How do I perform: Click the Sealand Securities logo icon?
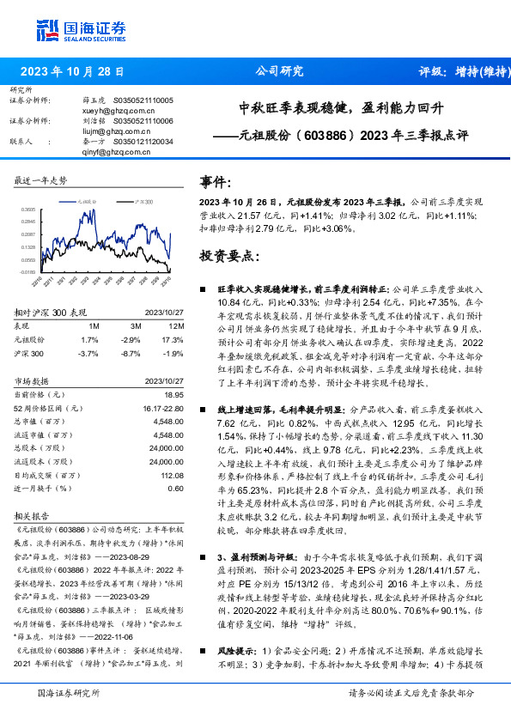click(x=47, y=29)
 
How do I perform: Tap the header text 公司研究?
click(x=280, y=72)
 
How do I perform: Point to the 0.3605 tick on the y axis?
click(x=29, y=209)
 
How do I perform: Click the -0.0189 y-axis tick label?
click(x=29, y=270)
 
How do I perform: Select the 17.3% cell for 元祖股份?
click(x=173, y=340)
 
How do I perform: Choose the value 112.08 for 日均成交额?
click(x=172, y=475)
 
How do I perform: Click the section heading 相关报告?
click(x=31, y=519)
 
